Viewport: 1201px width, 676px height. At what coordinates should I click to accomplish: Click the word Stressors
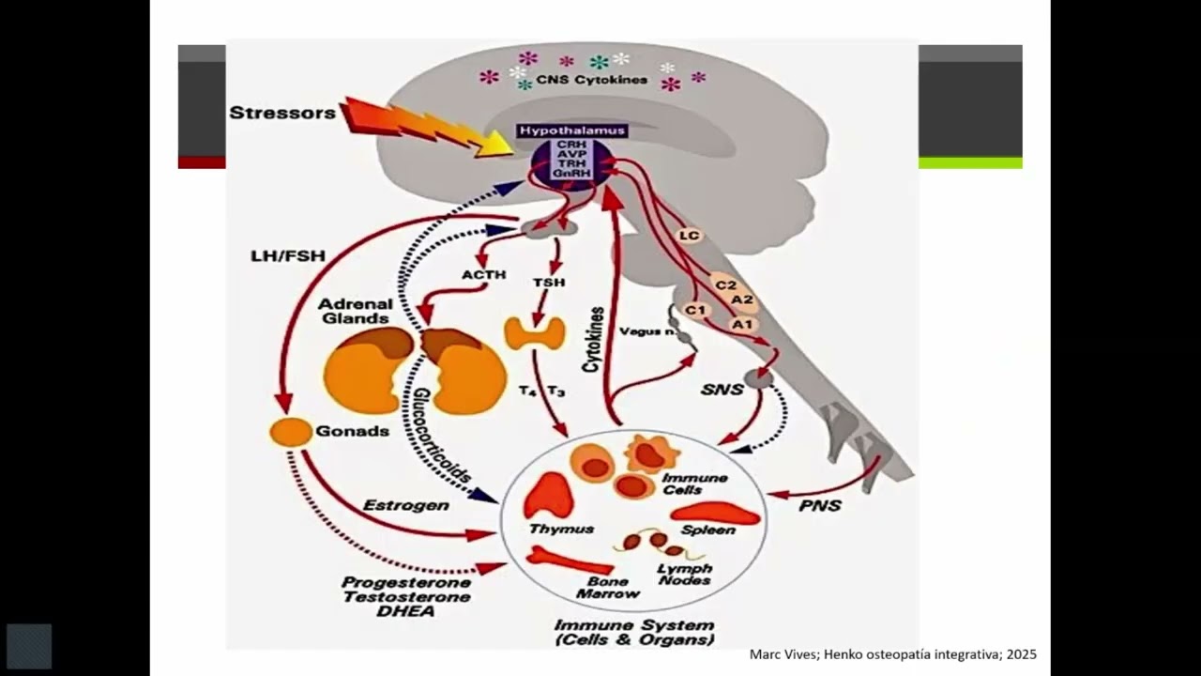282,113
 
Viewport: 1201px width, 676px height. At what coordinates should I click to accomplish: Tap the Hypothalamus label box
571,131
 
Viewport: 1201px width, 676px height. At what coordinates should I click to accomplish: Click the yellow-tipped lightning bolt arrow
422,127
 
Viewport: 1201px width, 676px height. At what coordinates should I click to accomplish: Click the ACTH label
483,275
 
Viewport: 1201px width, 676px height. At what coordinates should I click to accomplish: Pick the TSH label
549,282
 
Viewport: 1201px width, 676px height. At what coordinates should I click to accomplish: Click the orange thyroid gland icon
535,332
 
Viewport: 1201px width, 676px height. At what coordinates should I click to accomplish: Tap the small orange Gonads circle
291,432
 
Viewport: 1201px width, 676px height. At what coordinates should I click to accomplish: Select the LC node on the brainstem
690,236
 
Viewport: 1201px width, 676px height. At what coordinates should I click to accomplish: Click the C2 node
725,284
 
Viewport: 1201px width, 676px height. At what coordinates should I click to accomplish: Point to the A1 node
742,324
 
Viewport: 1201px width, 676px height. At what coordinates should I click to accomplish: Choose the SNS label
722,389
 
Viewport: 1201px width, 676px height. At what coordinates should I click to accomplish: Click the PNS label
819,506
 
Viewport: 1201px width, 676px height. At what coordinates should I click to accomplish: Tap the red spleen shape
715,513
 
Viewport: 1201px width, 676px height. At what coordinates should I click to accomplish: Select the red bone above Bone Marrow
569,561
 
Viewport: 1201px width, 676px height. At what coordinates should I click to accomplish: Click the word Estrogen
405,505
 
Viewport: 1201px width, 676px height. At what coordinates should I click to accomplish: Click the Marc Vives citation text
892,654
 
